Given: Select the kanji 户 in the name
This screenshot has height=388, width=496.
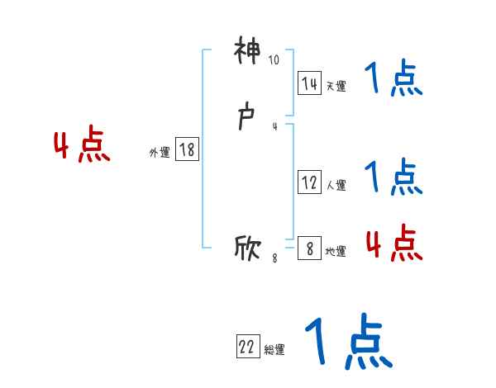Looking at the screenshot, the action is coord(247,119).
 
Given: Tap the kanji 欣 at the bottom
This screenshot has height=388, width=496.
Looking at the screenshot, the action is coord(247,248).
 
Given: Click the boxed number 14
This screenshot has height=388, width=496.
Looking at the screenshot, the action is coord(309,83).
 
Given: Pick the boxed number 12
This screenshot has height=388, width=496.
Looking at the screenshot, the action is coord(309,183).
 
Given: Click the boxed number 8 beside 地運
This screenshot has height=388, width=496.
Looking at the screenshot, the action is coord(309,248).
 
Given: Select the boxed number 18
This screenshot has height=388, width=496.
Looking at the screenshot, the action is coord(186,149).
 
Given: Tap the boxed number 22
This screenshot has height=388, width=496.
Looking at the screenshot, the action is coord(247,348).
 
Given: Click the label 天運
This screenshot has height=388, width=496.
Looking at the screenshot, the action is coord(336,86).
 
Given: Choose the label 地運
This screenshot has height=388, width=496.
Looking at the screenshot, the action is coord(336,251).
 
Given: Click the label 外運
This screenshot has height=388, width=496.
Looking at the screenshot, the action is coord(160,152).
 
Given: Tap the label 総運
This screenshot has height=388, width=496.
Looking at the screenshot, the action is coord(274,350).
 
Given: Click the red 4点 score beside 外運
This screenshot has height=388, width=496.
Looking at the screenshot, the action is coord(82,146).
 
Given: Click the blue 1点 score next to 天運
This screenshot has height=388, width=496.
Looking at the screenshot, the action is coord(393,79).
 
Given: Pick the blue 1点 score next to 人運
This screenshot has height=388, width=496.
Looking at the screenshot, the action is coord(393,176).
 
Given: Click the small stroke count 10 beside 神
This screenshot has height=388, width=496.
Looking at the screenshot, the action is coord(274,59).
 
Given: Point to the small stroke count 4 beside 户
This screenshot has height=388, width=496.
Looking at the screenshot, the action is coord(274,125).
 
